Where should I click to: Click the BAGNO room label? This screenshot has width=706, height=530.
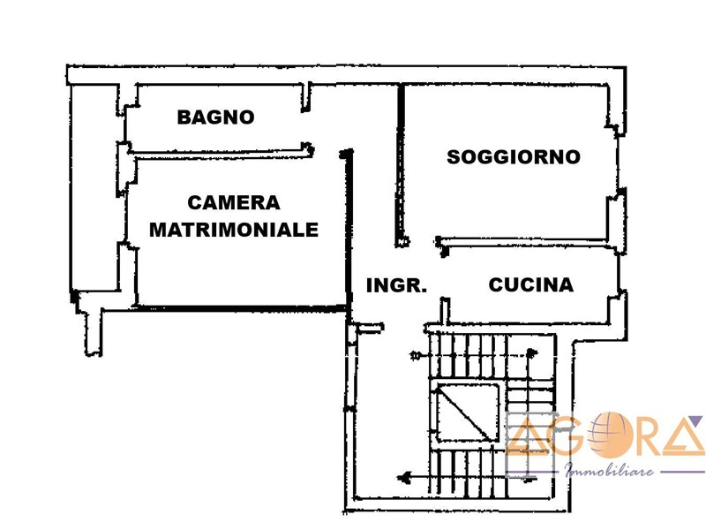[215, 117]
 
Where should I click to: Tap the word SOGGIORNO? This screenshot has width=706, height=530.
[514, 157]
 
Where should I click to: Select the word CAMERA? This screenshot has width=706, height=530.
[234, 203]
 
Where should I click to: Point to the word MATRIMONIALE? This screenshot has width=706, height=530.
[234, 230]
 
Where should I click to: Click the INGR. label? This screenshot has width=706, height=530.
[396, 285]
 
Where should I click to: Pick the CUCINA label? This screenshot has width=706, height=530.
[531, 284]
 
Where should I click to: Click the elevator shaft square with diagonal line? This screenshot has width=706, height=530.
[468, 413]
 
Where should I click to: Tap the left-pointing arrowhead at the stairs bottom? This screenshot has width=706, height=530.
[406, 476]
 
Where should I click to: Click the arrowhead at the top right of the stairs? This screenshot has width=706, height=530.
[532, 353]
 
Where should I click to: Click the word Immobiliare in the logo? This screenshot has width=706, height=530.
[609, 471]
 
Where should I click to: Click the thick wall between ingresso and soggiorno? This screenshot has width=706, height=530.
[401, 165]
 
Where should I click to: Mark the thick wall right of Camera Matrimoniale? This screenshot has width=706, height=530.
[348, 230]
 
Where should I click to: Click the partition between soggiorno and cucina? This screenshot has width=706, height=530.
[526, 242]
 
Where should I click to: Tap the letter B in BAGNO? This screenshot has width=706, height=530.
[184, 117]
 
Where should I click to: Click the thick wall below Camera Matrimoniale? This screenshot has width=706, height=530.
[241, 308]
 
